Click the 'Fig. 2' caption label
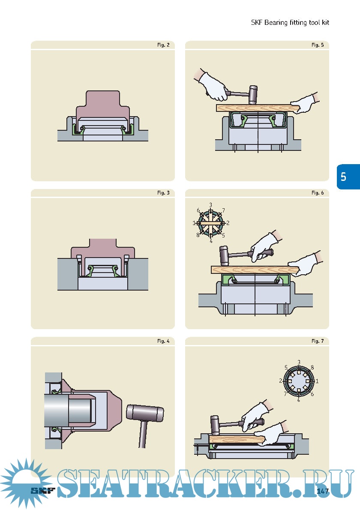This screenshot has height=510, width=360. coord(163,45)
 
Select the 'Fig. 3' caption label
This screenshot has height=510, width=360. coord(163,193)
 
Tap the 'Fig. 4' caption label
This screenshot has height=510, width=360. coord(163,341)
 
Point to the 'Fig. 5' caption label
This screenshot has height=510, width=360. coord(318,45)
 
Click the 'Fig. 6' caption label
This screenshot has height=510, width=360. coord(318,193)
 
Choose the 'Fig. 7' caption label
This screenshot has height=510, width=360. coord(318,341)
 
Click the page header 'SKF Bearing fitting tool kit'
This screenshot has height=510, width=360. coord(290,22)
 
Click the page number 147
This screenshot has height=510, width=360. coord(322,491)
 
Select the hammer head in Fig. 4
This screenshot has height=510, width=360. coord(145,413)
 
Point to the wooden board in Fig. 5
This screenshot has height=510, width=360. coord(257,108)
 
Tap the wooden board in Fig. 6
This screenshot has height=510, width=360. coord(255,270)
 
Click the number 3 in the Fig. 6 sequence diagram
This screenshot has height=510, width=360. coord(210,205)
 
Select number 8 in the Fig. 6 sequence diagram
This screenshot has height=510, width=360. coord(198,235)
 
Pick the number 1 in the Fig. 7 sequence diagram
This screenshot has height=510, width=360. coord(317,381)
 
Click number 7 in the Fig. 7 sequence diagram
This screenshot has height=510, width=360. coord(285,393)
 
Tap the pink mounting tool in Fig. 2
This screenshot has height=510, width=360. coord(103,107)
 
